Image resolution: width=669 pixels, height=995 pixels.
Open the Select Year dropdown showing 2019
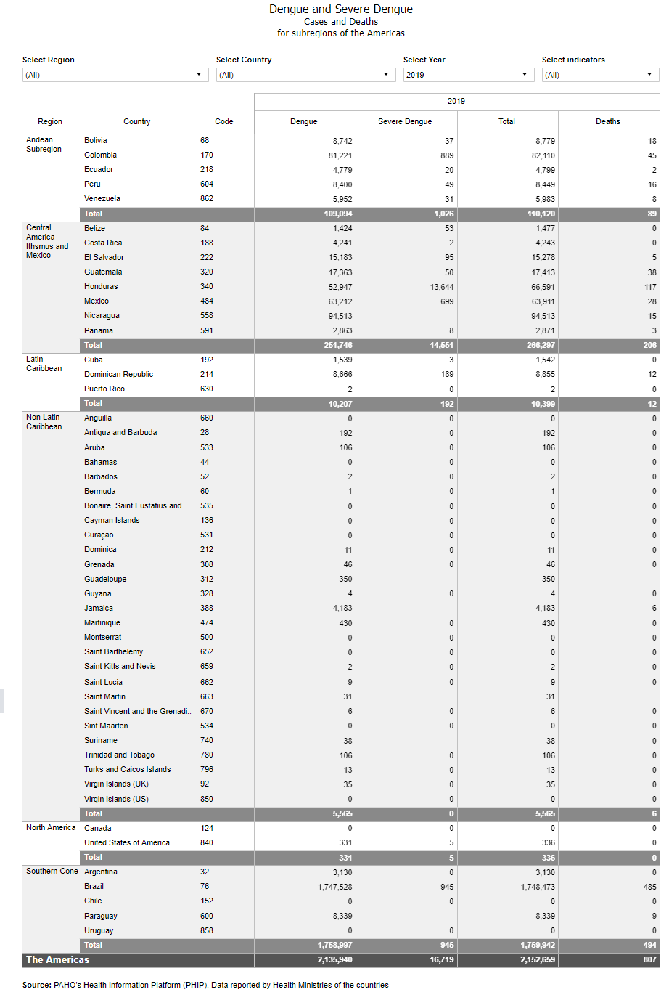click(x=468, y=75)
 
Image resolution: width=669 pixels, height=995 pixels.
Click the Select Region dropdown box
click(x=115, y=75)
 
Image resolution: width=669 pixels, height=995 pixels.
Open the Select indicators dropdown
click(x=600, y=75)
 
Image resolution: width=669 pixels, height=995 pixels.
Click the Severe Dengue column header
click(x=405, y=121)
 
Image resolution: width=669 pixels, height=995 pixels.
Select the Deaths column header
click(x=608, y=121)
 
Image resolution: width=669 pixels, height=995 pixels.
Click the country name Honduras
click(x=101, y=286)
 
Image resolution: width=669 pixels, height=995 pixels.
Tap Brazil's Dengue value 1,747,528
click(x=335, y=887)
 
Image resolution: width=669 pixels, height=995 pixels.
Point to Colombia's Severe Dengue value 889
click(x=447, y=155)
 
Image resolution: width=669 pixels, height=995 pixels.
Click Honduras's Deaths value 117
click(x=650, y=287)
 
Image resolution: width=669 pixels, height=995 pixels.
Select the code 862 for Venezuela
click(x=207, y=198)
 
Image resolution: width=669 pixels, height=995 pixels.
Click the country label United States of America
click(x=127, y=842)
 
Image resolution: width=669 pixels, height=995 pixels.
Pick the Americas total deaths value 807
click(x=649, y=959)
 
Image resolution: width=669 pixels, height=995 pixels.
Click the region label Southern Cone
click(x=52, y=871)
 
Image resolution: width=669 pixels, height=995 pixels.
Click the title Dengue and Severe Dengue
click(x=341, y=9)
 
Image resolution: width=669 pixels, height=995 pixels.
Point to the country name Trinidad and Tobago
click(x=119, y=755)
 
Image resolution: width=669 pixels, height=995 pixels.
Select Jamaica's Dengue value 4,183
click(x=342, y=609)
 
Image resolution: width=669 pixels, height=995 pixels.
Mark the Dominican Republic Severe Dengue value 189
click(x=447, y=375)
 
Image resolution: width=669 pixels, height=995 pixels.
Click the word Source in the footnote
click(x=36, y=985)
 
